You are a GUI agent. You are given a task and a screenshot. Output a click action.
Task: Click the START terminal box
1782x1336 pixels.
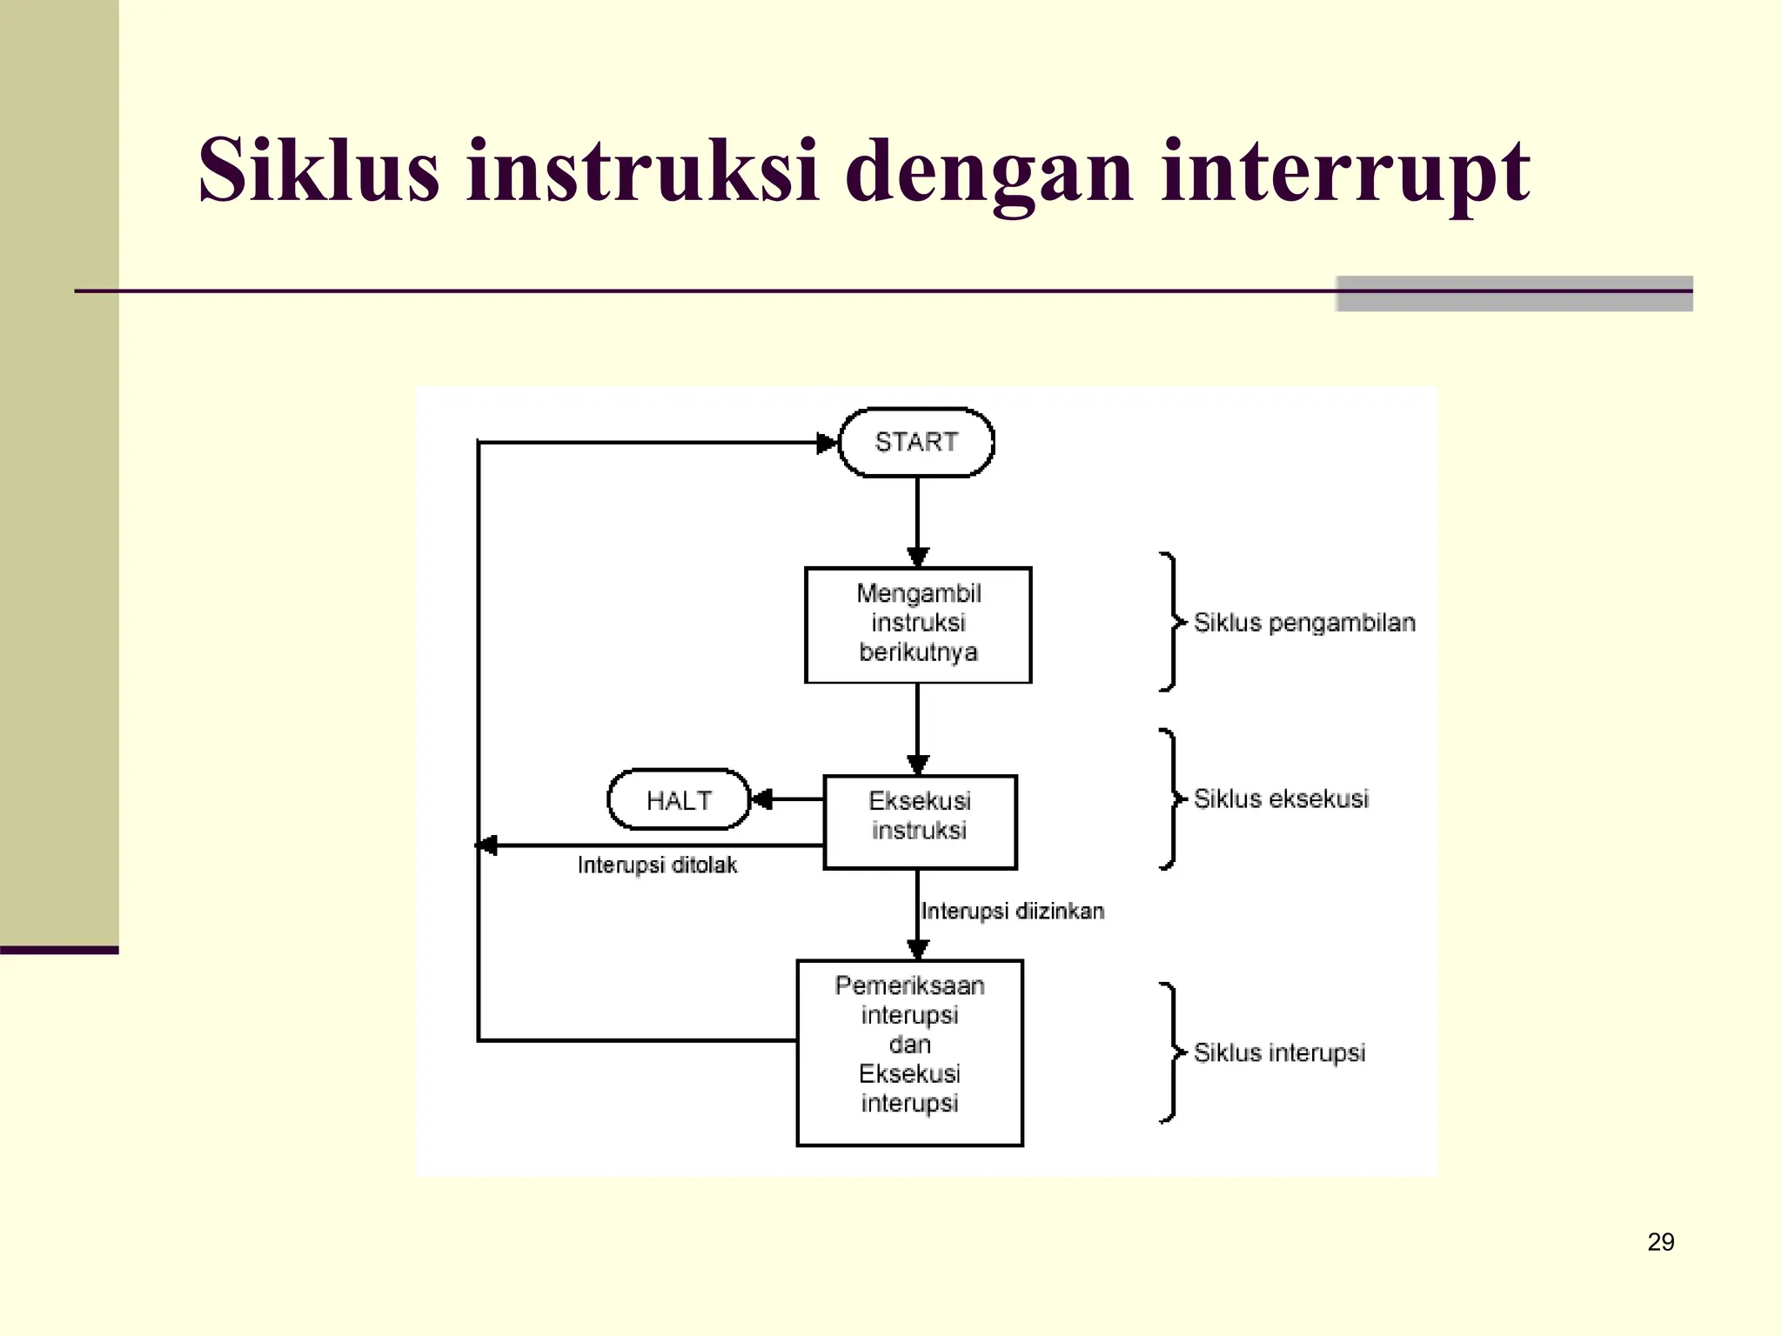[x=916, y=443]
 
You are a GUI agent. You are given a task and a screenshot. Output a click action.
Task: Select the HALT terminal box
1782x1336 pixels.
[x=679, y=799]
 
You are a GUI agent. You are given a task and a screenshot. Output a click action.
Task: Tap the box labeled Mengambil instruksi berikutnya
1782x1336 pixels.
[x=918, y=624]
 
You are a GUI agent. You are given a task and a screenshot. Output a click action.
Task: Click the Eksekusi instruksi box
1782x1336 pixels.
[x=920, y=821]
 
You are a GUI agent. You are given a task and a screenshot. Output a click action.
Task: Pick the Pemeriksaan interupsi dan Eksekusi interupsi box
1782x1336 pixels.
[x=909, y=1052]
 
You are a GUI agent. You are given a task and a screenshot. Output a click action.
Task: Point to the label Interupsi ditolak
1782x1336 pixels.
[x=657, y=865]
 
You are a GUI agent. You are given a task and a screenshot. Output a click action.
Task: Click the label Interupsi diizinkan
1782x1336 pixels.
[x=1012, y=911]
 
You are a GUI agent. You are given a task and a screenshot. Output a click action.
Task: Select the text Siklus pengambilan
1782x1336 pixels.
[x=1303, y=623]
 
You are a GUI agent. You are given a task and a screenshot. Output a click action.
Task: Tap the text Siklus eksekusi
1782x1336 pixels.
[x=1281, y=798]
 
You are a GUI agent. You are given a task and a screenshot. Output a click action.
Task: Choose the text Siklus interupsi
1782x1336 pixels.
[x=1279, y=1052]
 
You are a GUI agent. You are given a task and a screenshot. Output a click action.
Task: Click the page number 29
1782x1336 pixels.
[x=1660, y=1241]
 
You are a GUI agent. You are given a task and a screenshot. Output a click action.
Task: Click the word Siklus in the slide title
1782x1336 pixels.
[x=318, y=170]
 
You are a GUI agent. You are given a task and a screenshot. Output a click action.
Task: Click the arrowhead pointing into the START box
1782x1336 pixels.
[x=827, y=443]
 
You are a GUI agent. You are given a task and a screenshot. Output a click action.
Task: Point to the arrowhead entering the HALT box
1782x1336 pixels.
[x=761, y=798]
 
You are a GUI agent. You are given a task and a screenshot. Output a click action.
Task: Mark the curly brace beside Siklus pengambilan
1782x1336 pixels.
[x=1171, y=622]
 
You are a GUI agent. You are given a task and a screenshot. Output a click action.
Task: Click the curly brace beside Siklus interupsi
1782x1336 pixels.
[x=1171, y=1052]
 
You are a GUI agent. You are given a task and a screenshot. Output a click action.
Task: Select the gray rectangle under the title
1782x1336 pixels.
[x=1514, y=294]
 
